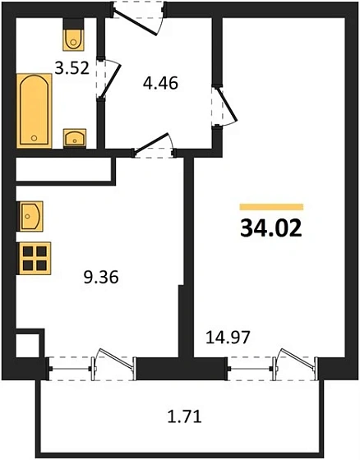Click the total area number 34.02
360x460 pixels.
271,228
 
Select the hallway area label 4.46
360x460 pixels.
160,82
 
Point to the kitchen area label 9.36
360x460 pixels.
102,277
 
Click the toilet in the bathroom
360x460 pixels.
72,37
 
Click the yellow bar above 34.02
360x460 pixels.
271,207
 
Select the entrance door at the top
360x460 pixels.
137,16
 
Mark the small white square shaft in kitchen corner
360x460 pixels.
27,343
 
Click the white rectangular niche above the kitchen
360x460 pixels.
62,168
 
